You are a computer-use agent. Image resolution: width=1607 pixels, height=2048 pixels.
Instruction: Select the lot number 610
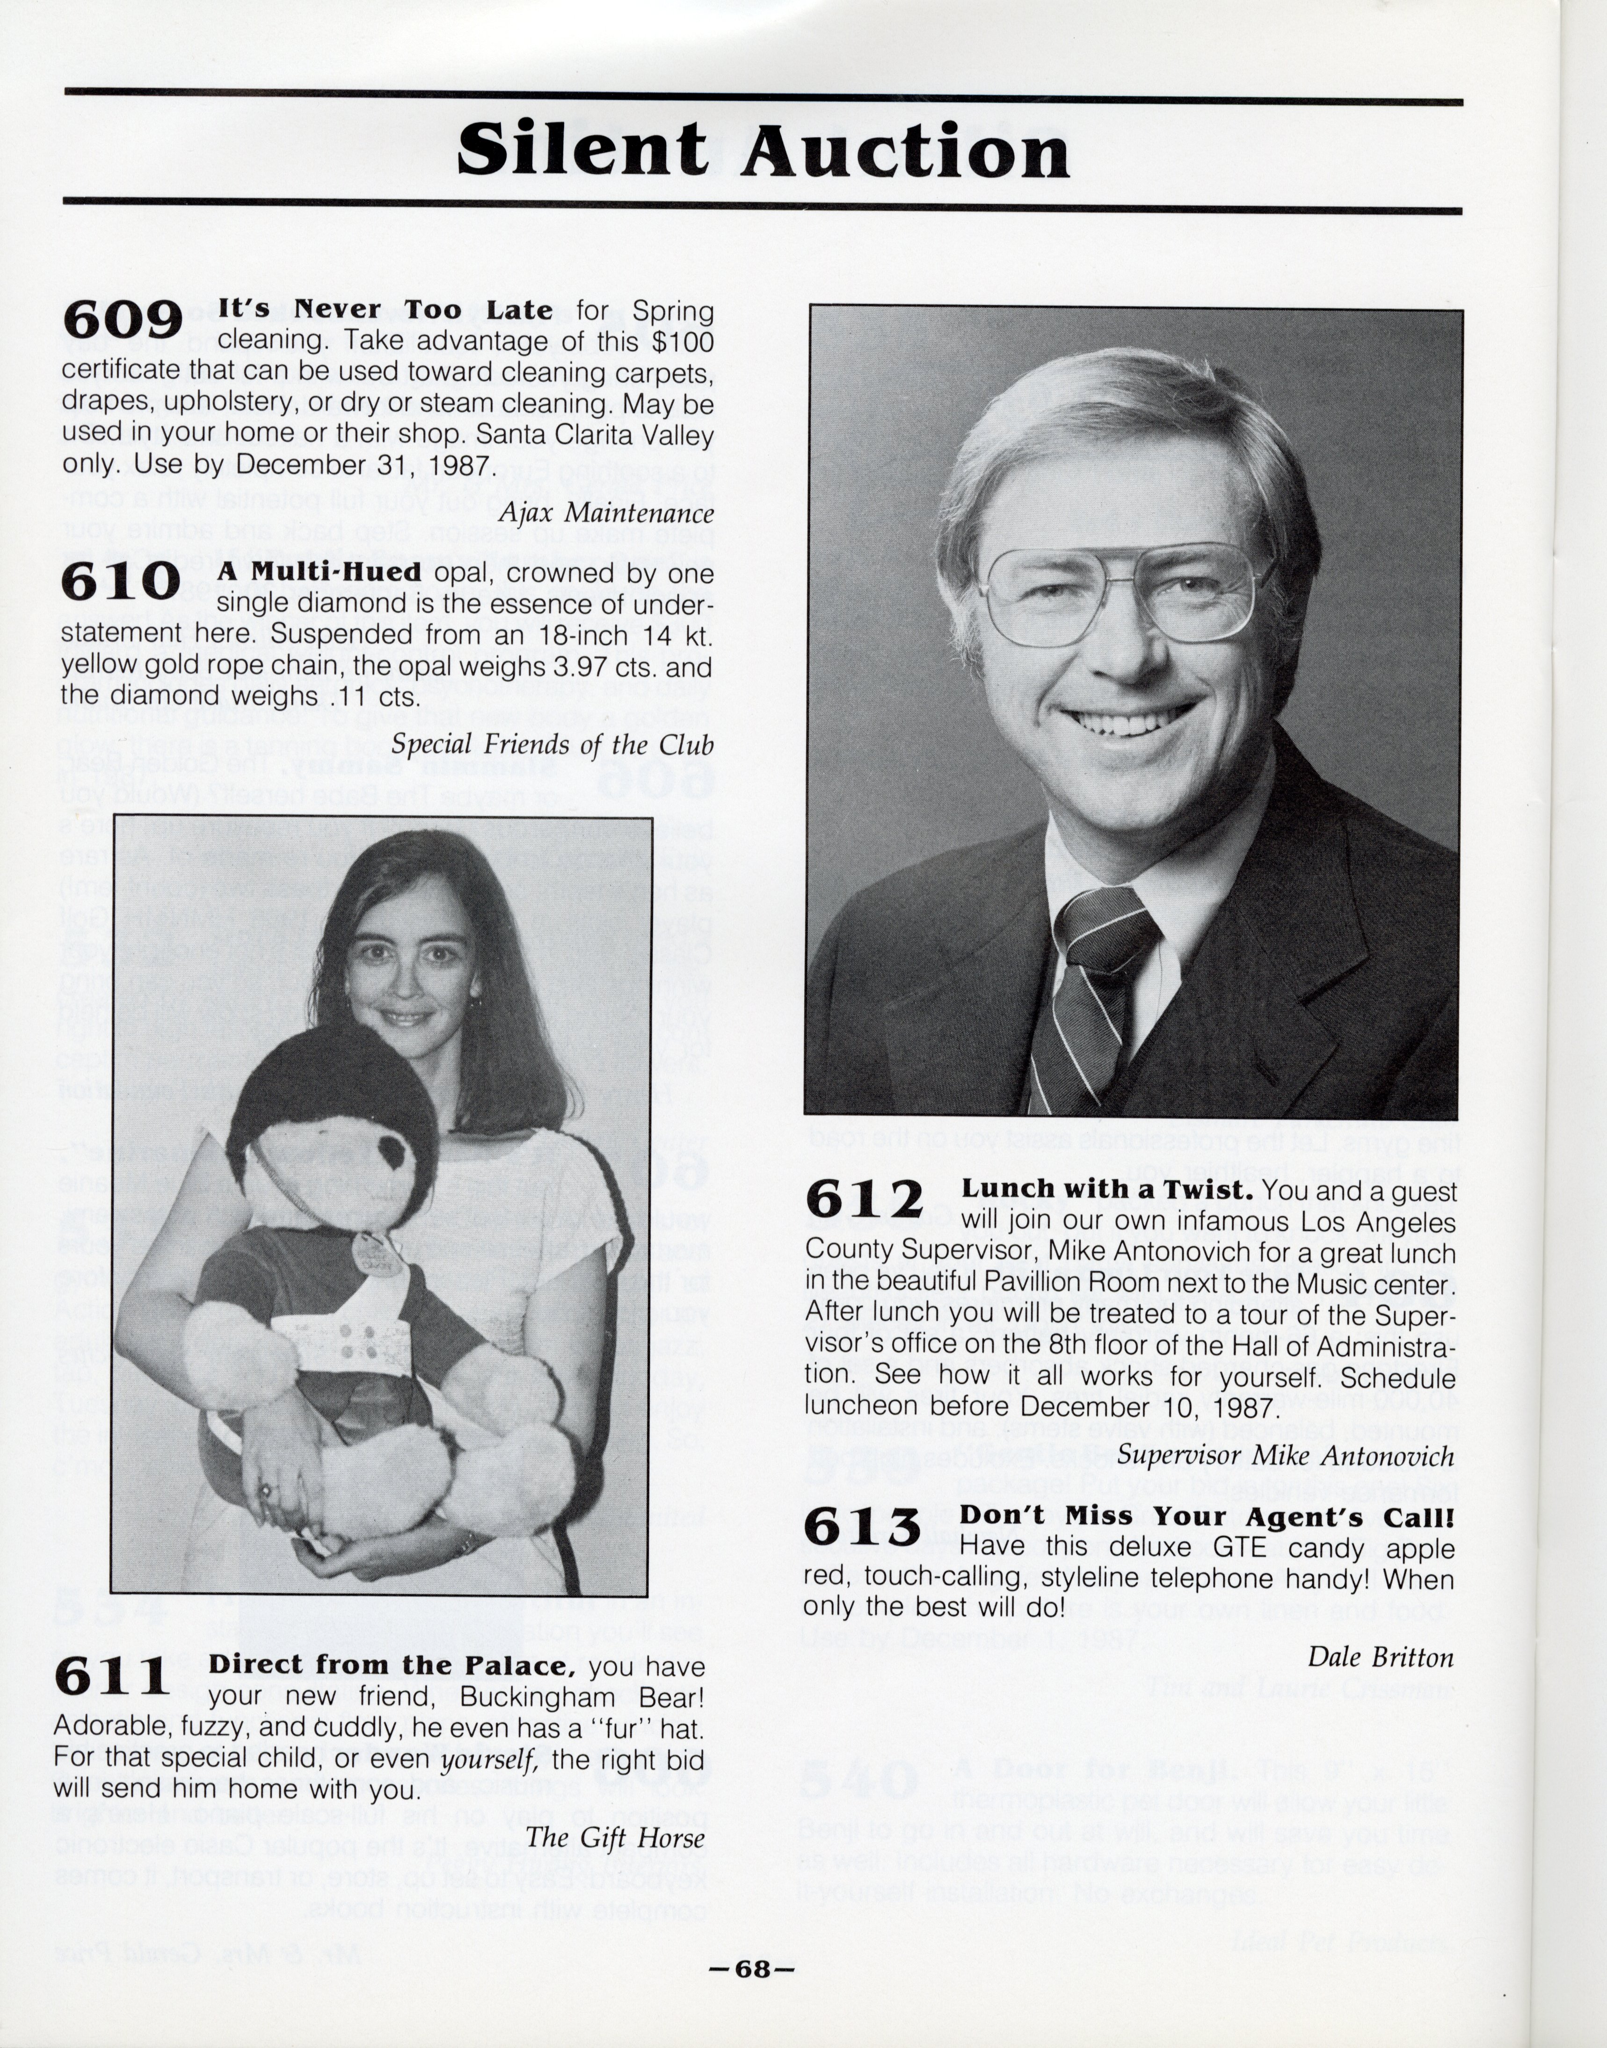[120, 582]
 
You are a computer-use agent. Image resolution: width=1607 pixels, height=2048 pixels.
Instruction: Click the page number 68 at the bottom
[753, 1970]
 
